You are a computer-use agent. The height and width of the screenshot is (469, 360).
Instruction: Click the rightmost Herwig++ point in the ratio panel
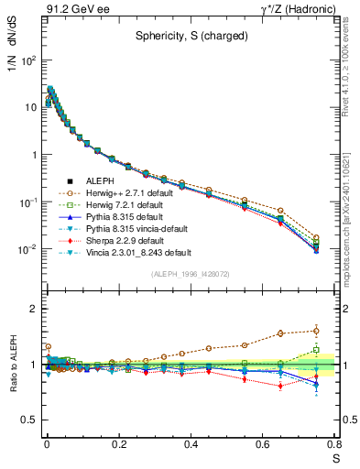[x=316, y=331]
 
